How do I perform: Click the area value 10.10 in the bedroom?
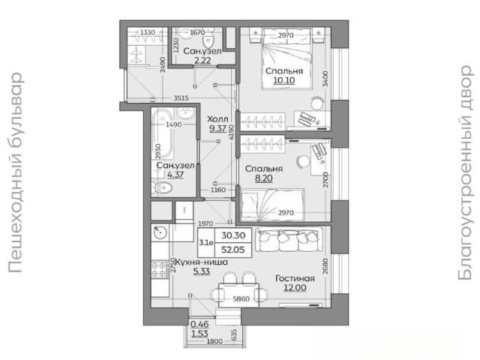point(284,80)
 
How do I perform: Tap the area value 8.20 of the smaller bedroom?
point(263,178)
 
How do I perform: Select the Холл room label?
point(217,118)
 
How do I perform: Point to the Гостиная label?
point(295,278)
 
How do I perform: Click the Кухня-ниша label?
point(201,262)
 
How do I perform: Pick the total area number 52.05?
point(233,250)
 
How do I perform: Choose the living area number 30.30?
point(233,235)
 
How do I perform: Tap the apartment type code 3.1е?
point(206,243)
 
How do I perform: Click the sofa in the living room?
point(289,239)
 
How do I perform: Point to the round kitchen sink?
point(160,232)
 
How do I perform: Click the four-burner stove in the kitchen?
point(160,269)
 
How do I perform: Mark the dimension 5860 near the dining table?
point(241,298)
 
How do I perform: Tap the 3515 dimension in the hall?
point(181,98)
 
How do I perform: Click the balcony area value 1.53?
point(199,333)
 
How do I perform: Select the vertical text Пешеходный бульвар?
point(15,172)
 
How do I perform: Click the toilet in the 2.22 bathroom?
point(208,38)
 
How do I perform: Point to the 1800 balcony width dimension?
point(214,341)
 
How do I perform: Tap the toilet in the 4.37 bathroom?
point(162,187)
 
